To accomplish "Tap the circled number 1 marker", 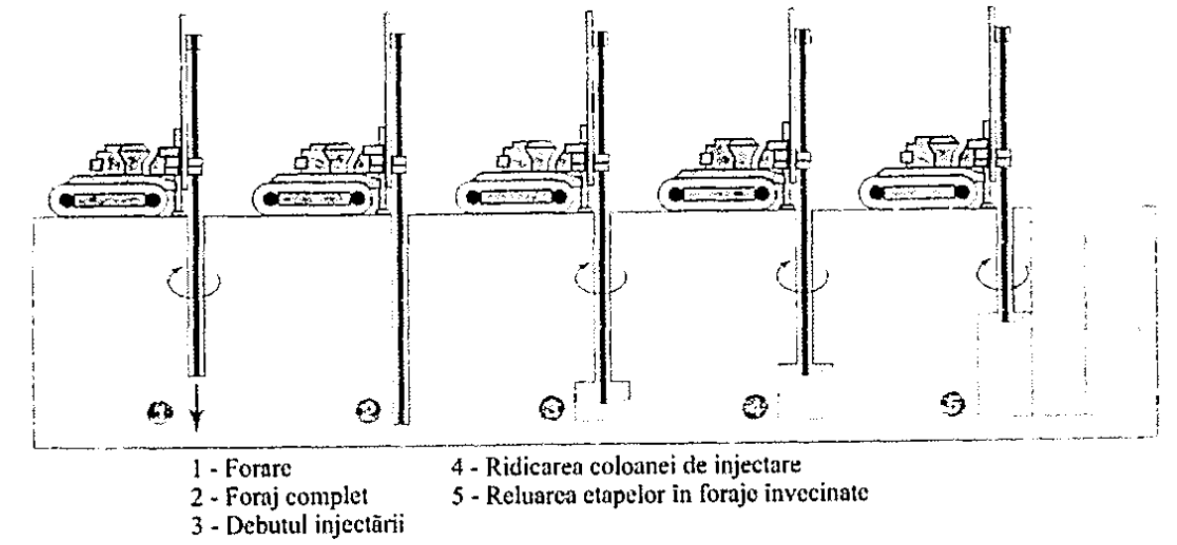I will (158, 410).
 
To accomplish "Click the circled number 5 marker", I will (959, 404).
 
